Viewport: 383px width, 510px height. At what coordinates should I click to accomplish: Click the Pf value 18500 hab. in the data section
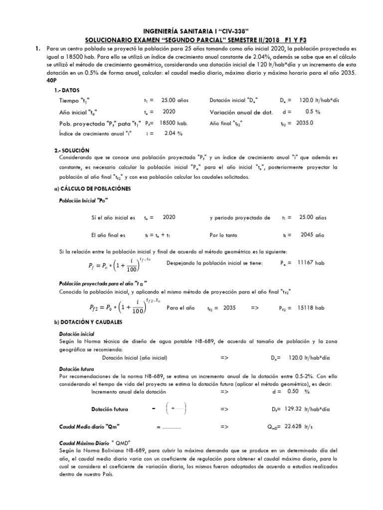[173, 123]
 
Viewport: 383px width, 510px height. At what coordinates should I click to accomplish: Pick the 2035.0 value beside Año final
[304, 123]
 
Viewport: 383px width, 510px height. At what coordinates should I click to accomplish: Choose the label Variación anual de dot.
[241, 112]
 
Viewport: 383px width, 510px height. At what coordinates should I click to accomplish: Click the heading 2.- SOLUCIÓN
[71, 150]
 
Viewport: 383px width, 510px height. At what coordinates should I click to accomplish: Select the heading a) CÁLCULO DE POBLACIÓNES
[92, 189]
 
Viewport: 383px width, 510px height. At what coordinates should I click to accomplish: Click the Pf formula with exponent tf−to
[121, 262]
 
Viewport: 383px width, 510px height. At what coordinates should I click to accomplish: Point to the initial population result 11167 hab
[311, 262]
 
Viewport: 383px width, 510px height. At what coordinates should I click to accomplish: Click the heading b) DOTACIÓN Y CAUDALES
[88, 322]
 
